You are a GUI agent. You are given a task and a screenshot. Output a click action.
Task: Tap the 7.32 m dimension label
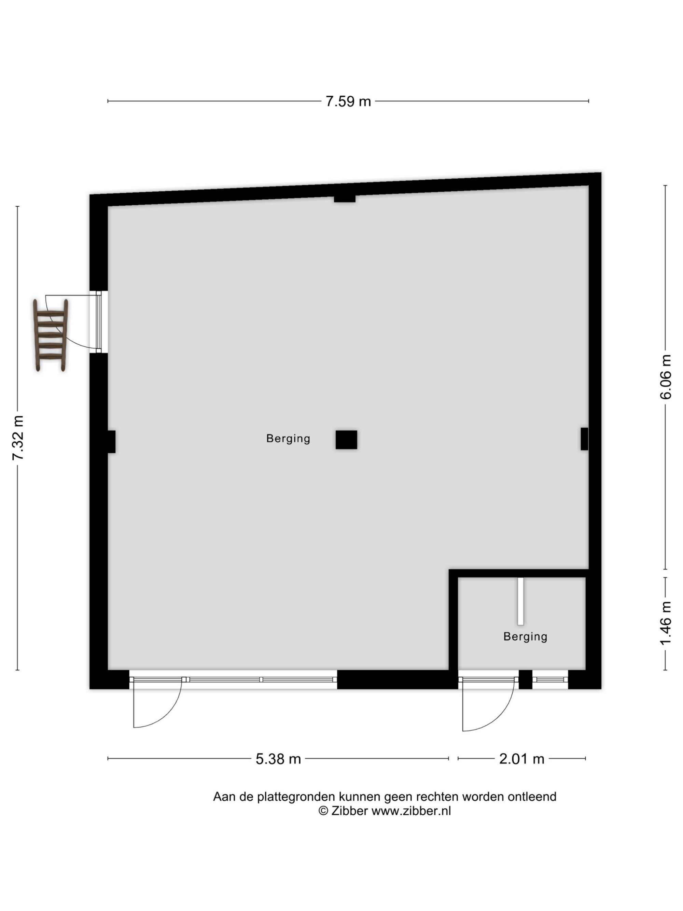tap(18, 438)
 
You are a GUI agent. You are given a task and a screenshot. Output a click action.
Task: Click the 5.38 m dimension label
tap(278, 759)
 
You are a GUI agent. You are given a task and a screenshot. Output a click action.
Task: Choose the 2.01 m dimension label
tap(521, 759)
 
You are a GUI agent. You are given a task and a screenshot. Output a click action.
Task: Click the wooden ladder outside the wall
tap(51, 335)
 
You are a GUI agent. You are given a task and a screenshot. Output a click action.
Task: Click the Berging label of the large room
tap(288, 439)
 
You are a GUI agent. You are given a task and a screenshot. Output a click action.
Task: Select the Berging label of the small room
tap(525, 637)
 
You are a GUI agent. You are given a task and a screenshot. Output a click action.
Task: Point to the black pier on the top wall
tap(345, 199)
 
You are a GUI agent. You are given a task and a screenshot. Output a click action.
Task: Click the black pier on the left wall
tap(111, 442)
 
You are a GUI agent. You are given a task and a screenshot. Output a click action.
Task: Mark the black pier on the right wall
tap(584, 439)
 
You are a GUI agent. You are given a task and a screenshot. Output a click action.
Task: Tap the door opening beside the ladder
tap(99, 322)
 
